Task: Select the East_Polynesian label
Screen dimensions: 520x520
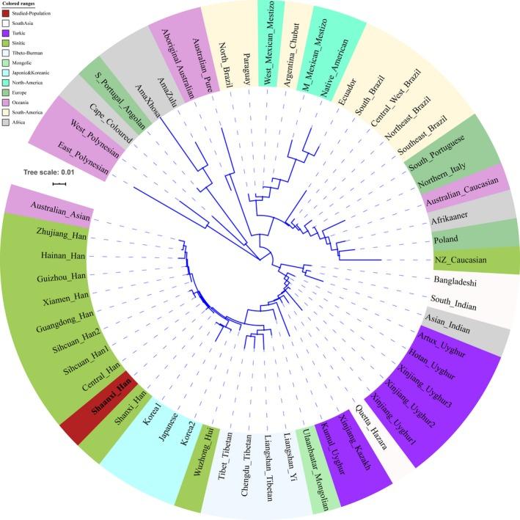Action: (x=84, y=161)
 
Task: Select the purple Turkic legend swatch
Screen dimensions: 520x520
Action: (x=7, y=34)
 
